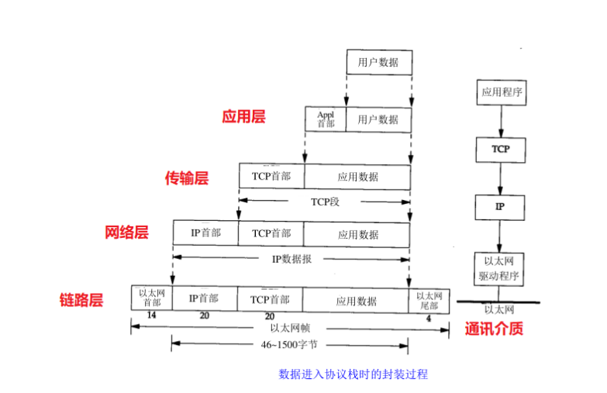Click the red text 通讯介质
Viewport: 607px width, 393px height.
pyautogui.click(x=494, y=328)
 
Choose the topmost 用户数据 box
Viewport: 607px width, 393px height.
pyautogui.click(x=378, y=62)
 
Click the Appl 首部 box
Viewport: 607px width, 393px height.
pyautogui.click(x=326, y=119)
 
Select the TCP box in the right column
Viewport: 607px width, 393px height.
pyautogui.click(x=500, y=148)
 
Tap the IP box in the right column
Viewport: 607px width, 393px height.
pyautogui.click(x=500, y=207)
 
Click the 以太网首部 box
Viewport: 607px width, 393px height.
pyautogui.click(x=152, y=298)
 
